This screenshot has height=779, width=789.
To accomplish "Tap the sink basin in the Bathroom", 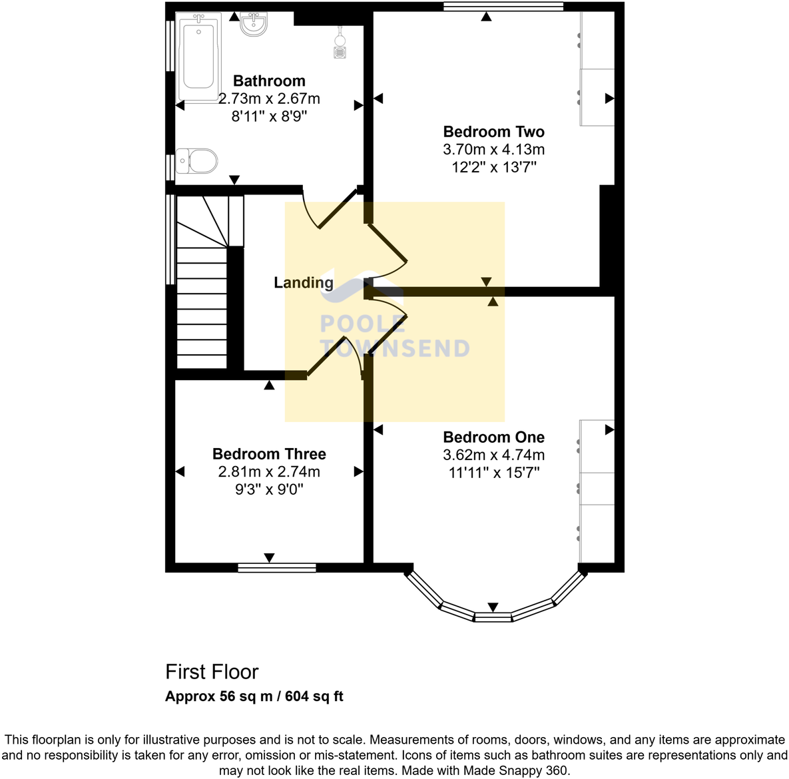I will point(254,25).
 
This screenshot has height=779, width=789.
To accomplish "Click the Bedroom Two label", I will point(493,132).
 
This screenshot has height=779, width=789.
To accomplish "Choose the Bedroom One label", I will point(493,437).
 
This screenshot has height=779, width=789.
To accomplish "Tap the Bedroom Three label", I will point(269,454).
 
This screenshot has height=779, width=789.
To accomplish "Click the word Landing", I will point(304,282).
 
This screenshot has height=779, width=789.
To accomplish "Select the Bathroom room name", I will point(269,81).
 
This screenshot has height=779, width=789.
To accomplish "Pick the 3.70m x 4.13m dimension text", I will point(493,150).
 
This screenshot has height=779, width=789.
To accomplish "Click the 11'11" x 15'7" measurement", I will point(493,473).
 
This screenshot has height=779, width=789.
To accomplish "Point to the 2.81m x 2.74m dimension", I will point(269,472).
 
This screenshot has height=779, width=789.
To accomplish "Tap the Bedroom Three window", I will point(277,568).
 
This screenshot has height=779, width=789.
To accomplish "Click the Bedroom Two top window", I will point(503,7).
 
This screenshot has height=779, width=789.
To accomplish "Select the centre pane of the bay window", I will point(493,617).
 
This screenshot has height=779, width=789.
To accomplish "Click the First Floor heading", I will point(212,672).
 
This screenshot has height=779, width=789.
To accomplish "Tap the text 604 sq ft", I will point(314,696).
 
